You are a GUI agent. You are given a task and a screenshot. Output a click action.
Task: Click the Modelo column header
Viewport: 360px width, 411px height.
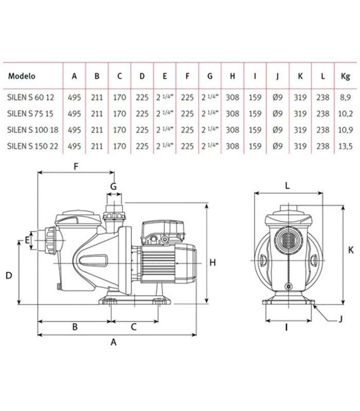pyautogui.click(x=22, y=76)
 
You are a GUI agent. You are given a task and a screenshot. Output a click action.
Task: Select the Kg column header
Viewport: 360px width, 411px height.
pyautogui.click(x=345, y=76)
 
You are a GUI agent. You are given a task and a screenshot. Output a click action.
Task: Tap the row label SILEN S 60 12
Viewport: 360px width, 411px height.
pyautogui.click(x=30, y=98)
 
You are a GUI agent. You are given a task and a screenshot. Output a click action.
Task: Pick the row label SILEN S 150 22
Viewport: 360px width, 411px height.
pyautogui.click(x=32, y=146)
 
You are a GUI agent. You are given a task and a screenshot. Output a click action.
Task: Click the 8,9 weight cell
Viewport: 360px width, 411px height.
pyautogui.click(x=345, y=98)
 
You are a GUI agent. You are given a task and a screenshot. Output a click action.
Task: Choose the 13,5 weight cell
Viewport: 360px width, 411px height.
pyautogui.click(x=345, y=146)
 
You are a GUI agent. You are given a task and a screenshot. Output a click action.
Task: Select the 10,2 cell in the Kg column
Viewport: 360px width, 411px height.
pyautogui.click(x=345, y=114)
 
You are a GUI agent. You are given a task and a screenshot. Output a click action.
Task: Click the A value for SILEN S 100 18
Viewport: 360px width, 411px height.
pyautogui.click(x=74, y=130)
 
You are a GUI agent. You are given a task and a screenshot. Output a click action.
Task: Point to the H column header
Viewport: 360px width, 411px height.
pyautogui.click(x=232, y=76)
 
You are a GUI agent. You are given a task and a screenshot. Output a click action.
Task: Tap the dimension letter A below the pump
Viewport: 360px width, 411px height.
pyautogui.click(x=113, y=342)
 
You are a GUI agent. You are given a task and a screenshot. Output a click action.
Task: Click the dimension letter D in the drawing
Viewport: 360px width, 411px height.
pyautogui.click(x=9, y=275)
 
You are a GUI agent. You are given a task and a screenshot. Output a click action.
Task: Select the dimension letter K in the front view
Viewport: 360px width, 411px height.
pyautogui.click(x=351, y=250)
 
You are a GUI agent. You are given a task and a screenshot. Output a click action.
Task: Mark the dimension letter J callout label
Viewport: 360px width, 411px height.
pyautogui.click(x=340, y=319)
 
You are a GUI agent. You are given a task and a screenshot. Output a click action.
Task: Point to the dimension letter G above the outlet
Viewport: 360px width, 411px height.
pyautogui.click(x=113, y=186)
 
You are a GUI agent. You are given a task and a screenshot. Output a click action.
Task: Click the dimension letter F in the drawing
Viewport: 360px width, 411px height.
pyautogui.click(x=76, y=166)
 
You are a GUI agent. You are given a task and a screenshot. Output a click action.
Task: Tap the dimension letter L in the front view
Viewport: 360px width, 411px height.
pyautogui.click(x=287, y=186)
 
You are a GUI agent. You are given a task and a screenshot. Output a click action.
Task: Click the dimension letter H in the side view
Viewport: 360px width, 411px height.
pyautogui.click(x=212, y=262)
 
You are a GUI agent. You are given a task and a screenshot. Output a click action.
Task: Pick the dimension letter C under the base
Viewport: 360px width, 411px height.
pyautogui.click(x=134, y=327)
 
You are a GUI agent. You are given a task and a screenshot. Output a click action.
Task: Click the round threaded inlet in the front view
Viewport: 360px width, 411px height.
pyautogui.click(x=289, y=240)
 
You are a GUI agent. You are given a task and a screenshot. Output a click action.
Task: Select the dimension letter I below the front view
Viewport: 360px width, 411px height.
pyautogui.click(x=286, y=327)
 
